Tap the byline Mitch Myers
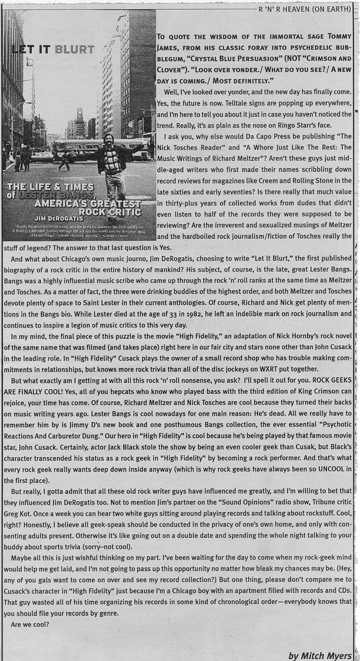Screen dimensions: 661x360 320,655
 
